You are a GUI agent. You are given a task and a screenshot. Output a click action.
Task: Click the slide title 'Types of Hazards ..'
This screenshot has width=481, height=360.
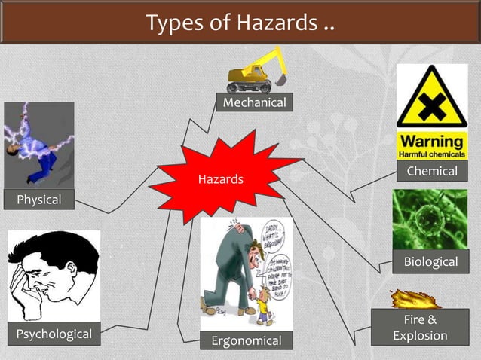click(240, 23)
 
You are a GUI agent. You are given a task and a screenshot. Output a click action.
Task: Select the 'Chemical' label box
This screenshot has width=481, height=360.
click(432, 171)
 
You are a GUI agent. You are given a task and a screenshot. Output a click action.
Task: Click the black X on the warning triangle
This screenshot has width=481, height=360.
click(431, 106)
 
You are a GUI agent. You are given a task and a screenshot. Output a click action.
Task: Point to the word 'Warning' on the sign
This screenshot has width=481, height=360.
click(431, 141)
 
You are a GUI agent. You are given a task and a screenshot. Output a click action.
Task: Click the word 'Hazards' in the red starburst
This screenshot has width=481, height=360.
click(220, 179)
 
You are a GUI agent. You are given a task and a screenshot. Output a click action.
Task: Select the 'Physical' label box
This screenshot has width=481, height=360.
click(32, 200)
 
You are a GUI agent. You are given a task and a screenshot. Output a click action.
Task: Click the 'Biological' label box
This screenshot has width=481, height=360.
click(430, 261)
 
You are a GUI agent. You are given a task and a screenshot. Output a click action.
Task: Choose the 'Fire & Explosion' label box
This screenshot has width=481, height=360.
click(420, 328)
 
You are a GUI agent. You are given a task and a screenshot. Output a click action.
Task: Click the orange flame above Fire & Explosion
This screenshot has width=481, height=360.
click(415, 299)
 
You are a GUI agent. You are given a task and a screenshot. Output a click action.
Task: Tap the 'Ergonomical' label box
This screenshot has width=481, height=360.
click(246, 341)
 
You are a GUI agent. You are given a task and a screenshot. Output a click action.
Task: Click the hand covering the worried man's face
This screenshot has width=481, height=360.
click(27, 285)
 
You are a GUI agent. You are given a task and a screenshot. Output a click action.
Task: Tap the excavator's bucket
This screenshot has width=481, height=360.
click(281, 76)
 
